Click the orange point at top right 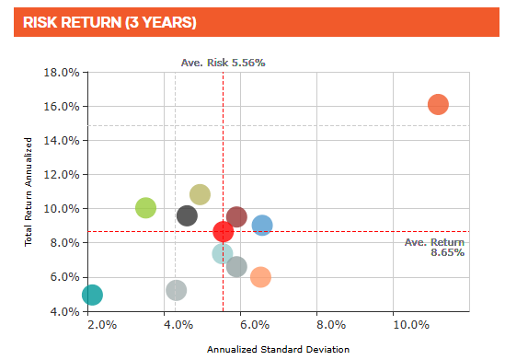coord(438,104)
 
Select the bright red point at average coord(224,231)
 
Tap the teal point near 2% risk coord(92,295)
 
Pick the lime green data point coord(145,207)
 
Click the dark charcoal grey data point coord(187,215)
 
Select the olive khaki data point coord(200,194)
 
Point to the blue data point coord(262,225)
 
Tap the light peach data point coord(260,276)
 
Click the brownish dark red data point coord(236,216)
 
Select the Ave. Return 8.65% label coord(434,247)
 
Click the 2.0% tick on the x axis coord(101,325)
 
